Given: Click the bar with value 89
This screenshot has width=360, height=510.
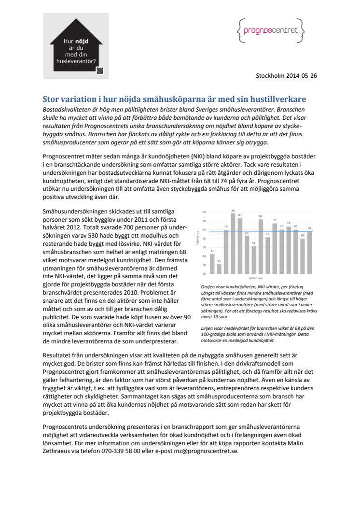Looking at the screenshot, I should tap(233, 243).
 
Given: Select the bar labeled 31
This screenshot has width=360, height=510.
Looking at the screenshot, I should tap(219, 269).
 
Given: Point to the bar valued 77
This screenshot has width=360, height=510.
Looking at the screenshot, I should tap(275, 248).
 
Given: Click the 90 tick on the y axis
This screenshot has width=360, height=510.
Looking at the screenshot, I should tap(204, 212).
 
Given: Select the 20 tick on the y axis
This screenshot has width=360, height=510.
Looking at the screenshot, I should tap(204, 274).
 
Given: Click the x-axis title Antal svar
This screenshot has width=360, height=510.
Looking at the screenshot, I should tap(256, 279).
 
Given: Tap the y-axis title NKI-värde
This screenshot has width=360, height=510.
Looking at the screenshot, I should tap(198, 239).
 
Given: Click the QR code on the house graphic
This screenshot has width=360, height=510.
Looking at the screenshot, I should tap(100, 71).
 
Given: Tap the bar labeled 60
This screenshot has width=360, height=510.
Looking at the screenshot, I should tap(303, 256).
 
